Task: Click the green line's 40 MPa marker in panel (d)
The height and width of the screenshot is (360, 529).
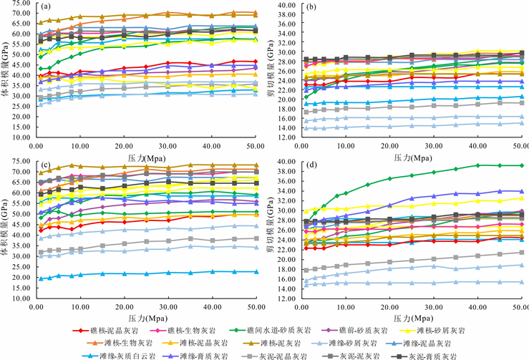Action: (477, 165)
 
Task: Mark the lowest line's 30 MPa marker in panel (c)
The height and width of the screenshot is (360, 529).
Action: (168, 273)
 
